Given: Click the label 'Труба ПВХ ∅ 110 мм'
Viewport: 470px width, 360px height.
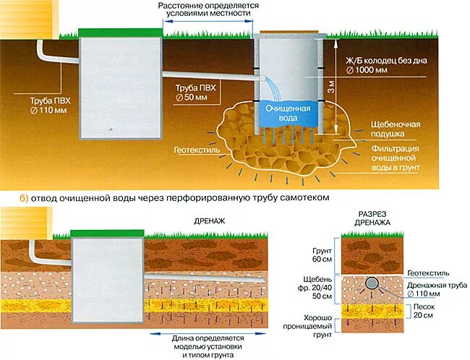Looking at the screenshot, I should coord(51,102).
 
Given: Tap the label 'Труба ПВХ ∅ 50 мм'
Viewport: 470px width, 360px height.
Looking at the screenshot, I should coord(197,92).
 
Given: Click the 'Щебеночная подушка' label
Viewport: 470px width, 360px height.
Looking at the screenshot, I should coord(396,129).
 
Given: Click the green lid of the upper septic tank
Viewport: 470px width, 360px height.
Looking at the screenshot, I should coord(119,32).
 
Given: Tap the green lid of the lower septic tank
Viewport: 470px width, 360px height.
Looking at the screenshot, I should coord(107,233).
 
